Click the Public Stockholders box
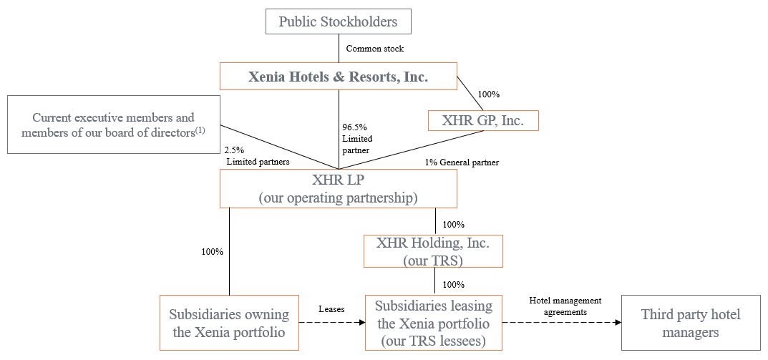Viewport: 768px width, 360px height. (338, 21)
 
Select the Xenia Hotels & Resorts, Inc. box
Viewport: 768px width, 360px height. (338, 77)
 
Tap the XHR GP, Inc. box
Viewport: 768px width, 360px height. (482, 121)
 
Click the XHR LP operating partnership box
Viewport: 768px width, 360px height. (338, 188)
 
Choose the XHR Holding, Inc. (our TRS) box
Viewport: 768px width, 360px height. (433, 251)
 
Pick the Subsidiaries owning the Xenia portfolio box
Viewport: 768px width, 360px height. (229, 323)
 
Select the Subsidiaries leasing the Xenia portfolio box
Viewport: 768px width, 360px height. (433, 323)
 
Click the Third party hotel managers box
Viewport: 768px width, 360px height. (690, 323)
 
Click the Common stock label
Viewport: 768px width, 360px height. (374, 49)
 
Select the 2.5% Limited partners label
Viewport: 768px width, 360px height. (258, 156)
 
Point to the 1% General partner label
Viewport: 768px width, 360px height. (462, 162)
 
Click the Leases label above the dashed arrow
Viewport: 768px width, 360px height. (331, 309)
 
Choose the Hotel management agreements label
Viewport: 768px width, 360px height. (565, 306)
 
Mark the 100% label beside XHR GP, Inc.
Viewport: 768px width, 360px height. (488, 94)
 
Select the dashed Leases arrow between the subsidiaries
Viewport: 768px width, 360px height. (331, 323)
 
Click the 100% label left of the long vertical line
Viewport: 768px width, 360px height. (213, 252)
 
